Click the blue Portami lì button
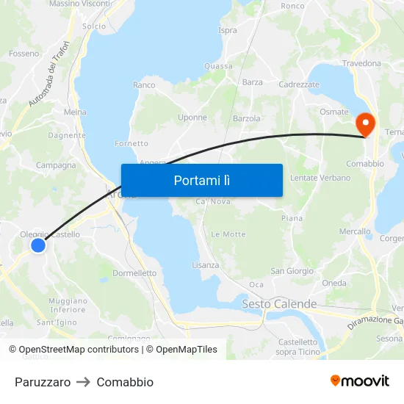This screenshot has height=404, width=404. pos(201,180)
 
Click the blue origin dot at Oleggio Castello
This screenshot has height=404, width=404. pos(37,245)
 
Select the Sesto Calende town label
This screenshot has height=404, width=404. pos(279,304)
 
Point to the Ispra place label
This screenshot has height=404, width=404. pos(228,30)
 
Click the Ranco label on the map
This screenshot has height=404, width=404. pos(144,85)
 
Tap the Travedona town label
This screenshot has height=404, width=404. pos(361,64)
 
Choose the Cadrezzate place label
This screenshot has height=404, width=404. pos(299,84)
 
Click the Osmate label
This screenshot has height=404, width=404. pos(334,112)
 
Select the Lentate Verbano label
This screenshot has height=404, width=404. pos(320,178)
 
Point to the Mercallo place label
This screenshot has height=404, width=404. pos(356,231)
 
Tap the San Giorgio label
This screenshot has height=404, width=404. pos(292,271)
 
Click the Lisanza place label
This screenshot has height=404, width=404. pos(206,265)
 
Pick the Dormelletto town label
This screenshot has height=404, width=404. pos(134,273)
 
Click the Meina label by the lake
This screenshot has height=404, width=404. pos(75,112)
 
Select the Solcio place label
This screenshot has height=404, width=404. pos(94,26)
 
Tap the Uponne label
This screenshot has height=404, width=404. pos(192,118)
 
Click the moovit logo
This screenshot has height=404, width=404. pos(360,380)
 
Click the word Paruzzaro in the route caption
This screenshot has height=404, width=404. pos(43,382)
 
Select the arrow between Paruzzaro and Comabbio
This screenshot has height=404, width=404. pos(84,382)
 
